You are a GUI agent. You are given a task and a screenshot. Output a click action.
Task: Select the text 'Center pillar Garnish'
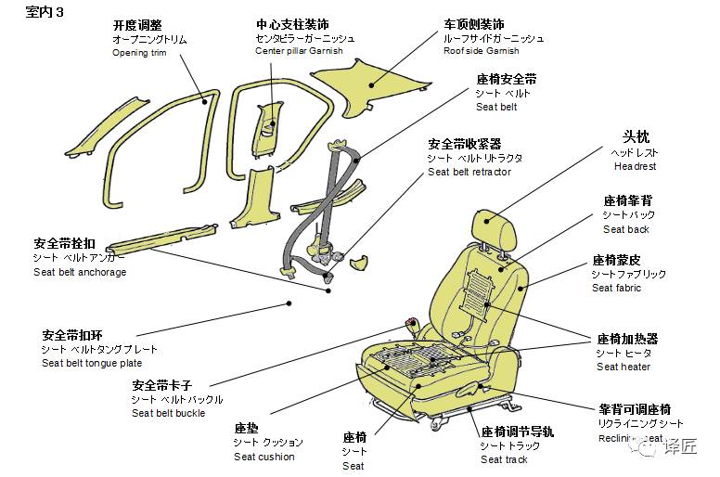click(x=299, y=51)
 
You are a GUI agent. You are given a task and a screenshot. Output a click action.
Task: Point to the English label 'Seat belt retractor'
click(x=469, y=172)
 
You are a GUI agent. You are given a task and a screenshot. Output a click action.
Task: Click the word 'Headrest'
click(x=635, y=166)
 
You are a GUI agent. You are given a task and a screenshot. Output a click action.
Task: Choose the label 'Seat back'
click(x=626, y=229)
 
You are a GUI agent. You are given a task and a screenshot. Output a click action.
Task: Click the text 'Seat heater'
click(x=624, y=367)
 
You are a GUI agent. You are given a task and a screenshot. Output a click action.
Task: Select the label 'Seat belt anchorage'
click(x=80, y=272)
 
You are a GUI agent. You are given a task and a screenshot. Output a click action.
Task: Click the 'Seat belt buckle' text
click(x=169, y=413)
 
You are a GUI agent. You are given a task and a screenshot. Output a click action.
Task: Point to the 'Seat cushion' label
click(x=264, y=457)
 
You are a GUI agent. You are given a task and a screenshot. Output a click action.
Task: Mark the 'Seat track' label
click(x=505, y=459)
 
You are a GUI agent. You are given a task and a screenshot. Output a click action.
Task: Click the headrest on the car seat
click(x=493, y=226)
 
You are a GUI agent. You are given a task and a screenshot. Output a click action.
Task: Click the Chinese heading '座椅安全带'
click(x=506, y=79)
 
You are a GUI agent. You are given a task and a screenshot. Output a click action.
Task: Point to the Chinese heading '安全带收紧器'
click(x=464, y=144)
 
